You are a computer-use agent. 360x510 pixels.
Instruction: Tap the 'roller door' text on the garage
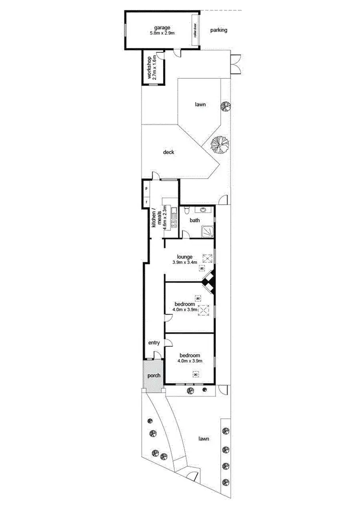tap(195, 32)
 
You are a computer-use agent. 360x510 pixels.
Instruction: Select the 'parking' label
tap(218, 30)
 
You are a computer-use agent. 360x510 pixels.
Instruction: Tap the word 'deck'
tap(168, 153)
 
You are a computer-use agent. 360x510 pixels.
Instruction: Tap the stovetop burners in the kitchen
tap(171, 223)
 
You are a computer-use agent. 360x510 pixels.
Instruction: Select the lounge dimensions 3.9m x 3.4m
tap(185, 263)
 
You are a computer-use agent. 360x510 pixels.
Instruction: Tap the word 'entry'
tap(154, 343)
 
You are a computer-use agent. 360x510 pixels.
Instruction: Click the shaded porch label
tap(154, 376)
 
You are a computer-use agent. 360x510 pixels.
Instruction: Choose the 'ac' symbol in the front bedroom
tap(202, 375)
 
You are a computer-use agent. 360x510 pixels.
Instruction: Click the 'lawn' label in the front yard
tap(204, 439)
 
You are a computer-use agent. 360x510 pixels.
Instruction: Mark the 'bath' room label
tap(194, 221)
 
